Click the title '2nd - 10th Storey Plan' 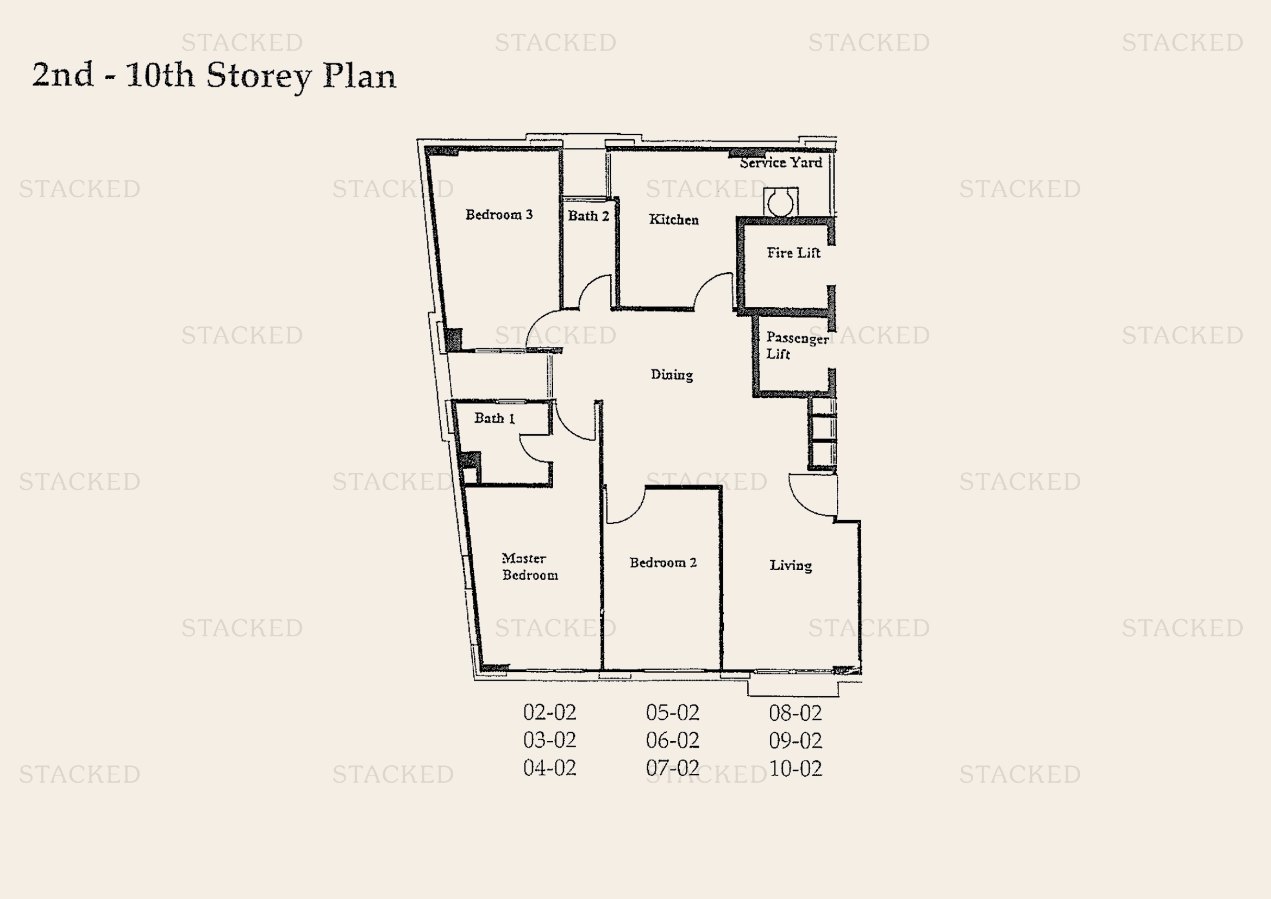click(214, 76)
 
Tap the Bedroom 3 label click(499, 215)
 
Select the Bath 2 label click(588, 216)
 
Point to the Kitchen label click(673, 220)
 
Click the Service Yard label click(780, 163)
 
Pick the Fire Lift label click(793, 253)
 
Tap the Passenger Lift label click(796, 346)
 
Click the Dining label click(672, 375)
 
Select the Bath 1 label click(494, 419)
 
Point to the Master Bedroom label click(529, 566)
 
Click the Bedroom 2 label click(662, 563)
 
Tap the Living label click(791, 565)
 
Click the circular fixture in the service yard click(780, 203)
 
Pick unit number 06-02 click(672, 741)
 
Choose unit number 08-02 click(795, 713)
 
